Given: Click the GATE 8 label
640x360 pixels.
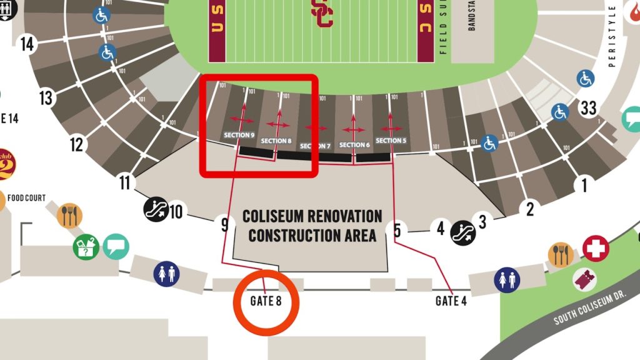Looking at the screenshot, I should click(x=266, y=301).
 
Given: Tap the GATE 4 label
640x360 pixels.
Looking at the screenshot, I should click(x=451, y=301).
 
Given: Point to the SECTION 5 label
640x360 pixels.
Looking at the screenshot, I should click(x=391, y=141).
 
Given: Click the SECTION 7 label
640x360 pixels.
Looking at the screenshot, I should click(x=315, y=146).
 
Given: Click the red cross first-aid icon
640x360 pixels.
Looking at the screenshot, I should click(x=596, y=248).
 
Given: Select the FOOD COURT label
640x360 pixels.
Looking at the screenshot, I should click(x=26, y=198).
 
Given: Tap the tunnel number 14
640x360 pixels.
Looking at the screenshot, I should click(x=27, y=44).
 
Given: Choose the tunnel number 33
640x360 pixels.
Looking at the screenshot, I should click(x=588, y=108).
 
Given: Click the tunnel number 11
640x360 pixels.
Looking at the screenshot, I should click(x=125, y=183).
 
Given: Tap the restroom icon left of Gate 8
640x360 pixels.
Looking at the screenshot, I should click(x=166, y=274).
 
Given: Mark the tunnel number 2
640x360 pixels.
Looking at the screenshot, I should click(x=530, y=209).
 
